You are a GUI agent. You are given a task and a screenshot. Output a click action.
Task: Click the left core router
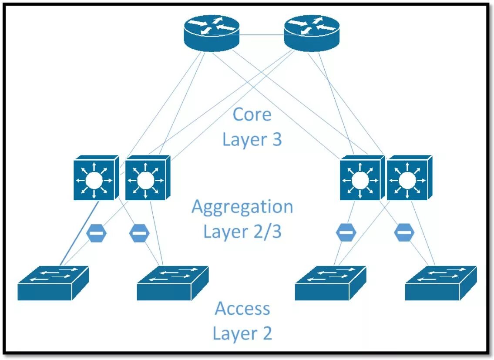tap(212, 33)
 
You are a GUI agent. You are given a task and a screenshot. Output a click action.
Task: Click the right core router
tap(312, 33)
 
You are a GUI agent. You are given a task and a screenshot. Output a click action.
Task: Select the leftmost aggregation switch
tap(96, 178)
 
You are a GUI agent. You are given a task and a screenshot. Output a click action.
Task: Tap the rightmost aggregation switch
tap(409, 178)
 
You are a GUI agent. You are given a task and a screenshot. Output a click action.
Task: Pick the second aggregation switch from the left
tap(148, 178)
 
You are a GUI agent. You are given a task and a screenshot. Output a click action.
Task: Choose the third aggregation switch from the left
tap(362, 178)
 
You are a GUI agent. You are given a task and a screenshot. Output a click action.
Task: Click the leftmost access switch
tap(53, 283)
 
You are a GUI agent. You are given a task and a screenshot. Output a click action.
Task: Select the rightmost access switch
tap(441, 283)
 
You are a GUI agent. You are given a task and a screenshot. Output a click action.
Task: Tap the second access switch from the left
tap(173, 283)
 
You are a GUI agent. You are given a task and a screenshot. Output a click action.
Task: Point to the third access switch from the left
tap(330, 283)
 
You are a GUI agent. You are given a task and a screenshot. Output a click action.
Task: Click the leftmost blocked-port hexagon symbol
tap(96, 233)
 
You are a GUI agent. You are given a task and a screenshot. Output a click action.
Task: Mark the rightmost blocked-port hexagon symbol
tap(404, 232)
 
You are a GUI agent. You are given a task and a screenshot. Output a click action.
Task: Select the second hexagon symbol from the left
tap(139, 233)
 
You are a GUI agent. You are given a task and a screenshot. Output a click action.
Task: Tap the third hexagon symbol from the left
tap(346, 232)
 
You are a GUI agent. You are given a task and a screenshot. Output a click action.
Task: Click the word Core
tap(252, 114)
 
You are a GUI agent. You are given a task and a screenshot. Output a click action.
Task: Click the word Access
tap(242, 308)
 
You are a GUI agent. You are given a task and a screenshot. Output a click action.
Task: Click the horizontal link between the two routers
tap(262, 35)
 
